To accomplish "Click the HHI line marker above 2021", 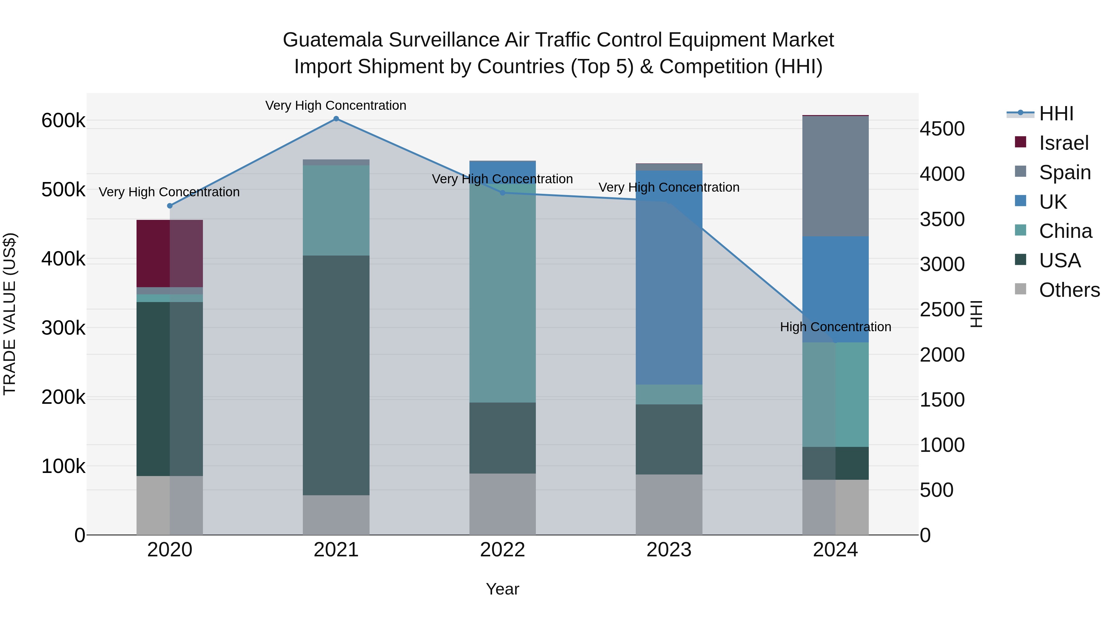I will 336,119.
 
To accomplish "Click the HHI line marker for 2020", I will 169,206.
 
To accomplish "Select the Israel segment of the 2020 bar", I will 169,254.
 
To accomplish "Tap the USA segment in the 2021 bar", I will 336,375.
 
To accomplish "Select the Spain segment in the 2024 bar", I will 835,176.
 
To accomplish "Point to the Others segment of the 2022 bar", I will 503,504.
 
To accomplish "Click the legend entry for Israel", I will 1063,143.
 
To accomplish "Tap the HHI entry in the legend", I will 1056,114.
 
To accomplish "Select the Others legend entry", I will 1069,290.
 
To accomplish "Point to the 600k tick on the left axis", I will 63,121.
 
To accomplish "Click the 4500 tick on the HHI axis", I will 942,129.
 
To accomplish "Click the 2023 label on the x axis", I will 669,550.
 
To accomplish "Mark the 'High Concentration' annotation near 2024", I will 835,327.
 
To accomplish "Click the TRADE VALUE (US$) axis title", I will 10,314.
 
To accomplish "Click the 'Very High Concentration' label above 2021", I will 336,105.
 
